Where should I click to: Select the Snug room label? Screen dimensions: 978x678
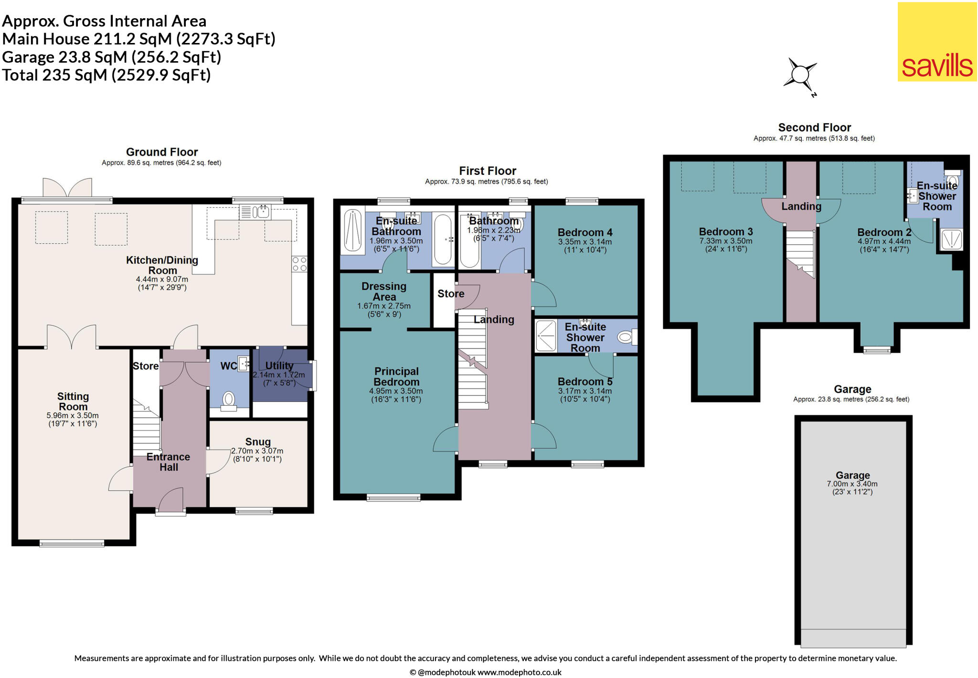click(x=258, y=442)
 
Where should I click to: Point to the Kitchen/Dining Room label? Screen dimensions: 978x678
click(x=162, y=265)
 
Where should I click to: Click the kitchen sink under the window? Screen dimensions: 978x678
click(x=255, y=212)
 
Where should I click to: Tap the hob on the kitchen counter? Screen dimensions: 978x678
click(x=299, y=264)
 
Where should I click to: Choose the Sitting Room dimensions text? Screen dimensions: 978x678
click(x=73, y=420)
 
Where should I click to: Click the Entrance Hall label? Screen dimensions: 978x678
click(x=168, y=462)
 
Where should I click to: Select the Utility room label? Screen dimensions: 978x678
click(x=279, y=366)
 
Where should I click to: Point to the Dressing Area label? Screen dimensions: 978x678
click(x=384, y=291)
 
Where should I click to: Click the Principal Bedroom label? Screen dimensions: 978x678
click(x=396, y=377)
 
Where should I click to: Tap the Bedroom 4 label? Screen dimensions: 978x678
click(x=585, y=233)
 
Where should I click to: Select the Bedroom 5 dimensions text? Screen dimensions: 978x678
click(x=585, y=395)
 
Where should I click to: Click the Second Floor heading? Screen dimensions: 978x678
click(x=815, y=128)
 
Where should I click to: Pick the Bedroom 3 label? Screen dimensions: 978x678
click(x=726, y=232)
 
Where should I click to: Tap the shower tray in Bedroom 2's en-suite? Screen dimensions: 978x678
click(x=951, y=239)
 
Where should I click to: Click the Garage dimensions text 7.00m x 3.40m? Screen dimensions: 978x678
click(x=852, y=484)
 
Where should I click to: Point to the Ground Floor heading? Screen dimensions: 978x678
click(x=162, y=152)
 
